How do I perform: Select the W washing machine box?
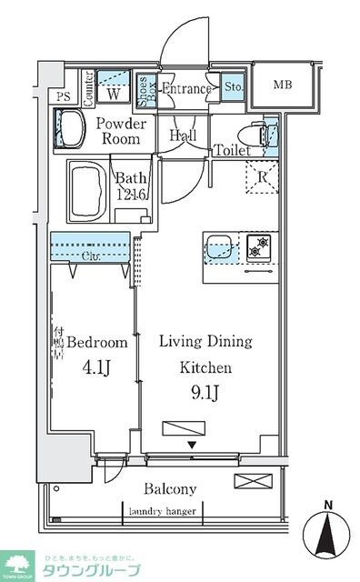tap(115, 92)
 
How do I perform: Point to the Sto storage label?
tap(232, 88)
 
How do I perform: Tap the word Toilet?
tap(232, 151)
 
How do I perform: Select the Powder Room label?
tap(119, 131)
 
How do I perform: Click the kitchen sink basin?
tap(220, 246)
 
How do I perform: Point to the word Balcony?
tap(170, 488)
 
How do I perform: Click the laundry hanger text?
tap(170, 510)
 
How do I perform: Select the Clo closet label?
tap(91, 256)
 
